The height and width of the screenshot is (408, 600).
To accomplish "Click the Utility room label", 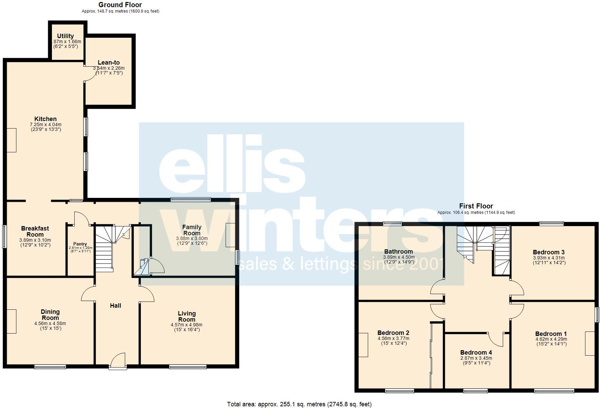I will point(65,36).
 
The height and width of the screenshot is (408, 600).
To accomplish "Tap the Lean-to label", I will point(109,63).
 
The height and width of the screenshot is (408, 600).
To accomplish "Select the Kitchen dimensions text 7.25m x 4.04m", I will point(45,125).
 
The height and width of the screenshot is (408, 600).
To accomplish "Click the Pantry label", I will point(80,244).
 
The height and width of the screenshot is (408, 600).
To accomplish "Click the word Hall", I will point(115,306).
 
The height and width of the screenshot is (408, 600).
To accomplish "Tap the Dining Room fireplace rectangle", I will point(12,321).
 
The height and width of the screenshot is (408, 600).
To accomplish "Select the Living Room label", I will point(187,316).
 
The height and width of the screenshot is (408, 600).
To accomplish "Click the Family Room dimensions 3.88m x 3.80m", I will point(192,239).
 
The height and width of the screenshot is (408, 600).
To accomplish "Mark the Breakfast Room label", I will point(35,232).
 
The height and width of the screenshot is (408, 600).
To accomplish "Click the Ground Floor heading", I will point(120,5).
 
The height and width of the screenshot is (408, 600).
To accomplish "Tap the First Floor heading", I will point(476,206).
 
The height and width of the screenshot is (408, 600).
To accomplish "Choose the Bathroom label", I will point(398,252).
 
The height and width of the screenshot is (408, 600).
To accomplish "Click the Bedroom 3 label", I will point(548,252).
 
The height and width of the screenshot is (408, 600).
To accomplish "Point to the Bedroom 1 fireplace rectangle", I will point(590,343).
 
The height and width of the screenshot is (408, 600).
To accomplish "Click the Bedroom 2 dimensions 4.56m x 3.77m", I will point(393,339).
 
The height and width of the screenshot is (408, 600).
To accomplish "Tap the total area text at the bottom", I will point(299,404).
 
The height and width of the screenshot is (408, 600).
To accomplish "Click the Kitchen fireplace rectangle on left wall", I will point(12,140).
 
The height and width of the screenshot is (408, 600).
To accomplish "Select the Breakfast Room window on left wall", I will point(4,236).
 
